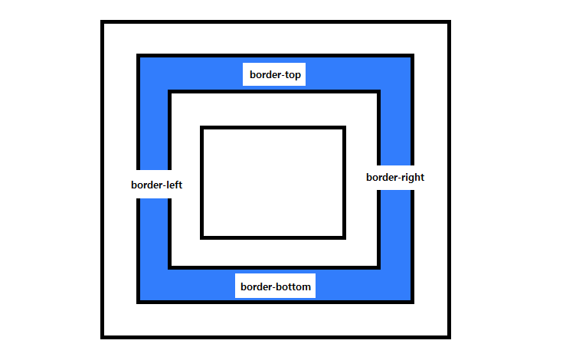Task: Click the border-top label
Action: click(x=275, y=75)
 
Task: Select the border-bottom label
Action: click(x=276, y=287)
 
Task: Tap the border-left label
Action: click(x=156, y=185)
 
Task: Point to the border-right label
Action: click(x=395, y=177)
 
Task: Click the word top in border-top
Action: click(x=293, y=75)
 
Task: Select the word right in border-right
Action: click(x=411, y=177)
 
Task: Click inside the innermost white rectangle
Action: click(x=273, y=182)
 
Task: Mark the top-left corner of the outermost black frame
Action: click(x=103, y=22)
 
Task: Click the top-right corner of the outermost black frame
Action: click(x=450, y=22)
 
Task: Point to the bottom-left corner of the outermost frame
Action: click(x=103, y=336)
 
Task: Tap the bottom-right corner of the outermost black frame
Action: click(x=450, y=336)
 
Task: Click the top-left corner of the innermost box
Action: click(x=202, y=128)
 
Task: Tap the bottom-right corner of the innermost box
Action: click(x=344, y=237)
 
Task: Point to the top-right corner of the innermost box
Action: click(x=344, y=128)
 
